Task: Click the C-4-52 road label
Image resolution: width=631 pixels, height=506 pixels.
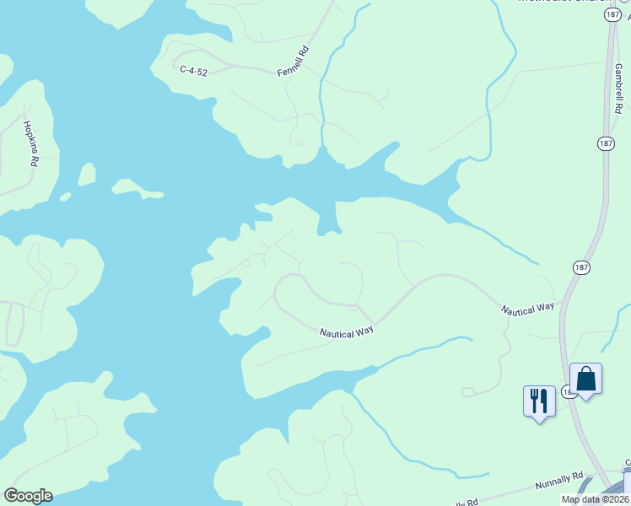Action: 194,70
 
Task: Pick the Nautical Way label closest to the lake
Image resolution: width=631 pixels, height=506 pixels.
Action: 346,332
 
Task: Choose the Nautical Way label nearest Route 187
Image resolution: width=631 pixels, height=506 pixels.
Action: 528,310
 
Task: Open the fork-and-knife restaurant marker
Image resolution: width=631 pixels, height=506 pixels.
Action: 539,401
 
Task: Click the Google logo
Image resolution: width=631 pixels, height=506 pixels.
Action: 28,495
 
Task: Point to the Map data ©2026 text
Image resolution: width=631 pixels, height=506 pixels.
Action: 596,499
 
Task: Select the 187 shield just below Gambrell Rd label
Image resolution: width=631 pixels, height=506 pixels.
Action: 605,143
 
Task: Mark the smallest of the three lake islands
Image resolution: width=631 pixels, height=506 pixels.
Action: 66,197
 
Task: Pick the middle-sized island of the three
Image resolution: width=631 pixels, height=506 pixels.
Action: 86,175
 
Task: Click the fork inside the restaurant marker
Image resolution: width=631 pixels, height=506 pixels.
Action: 534,399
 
